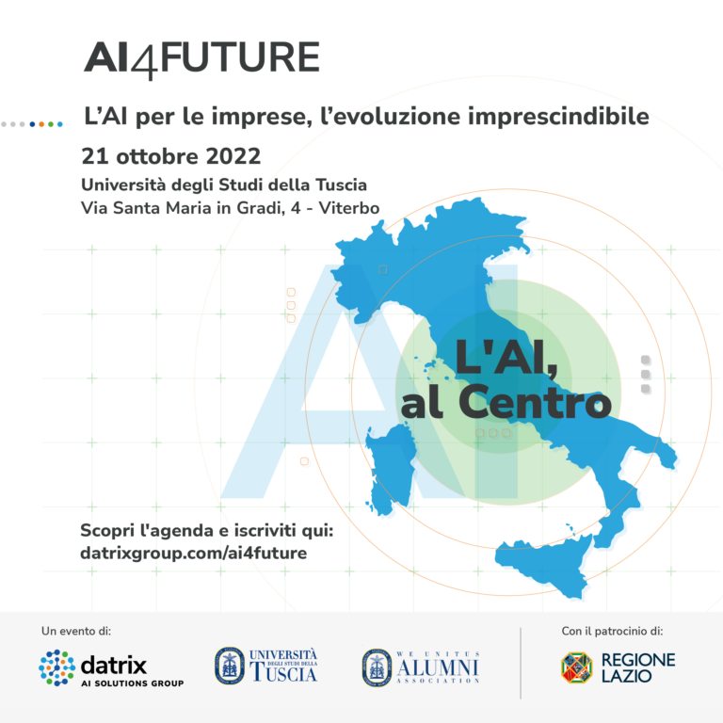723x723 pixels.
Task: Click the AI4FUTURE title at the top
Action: [x=201, y=58]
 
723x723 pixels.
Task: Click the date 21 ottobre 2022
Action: [x=171, y=153]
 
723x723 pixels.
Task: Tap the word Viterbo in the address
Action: [x=347, y=207]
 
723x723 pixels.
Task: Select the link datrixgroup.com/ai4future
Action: [x=194, y=553]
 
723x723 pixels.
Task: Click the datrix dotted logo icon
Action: [x=56, y=667]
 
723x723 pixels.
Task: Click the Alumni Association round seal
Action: [x=377, y=667]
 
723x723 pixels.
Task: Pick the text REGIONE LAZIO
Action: [x=638, y=667]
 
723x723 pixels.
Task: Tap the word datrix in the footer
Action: [x=115, y=663]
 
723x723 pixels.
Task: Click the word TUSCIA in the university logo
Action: [x=282, y=673]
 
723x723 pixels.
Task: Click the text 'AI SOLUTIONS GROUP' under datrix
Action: [x=133, y=683]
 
